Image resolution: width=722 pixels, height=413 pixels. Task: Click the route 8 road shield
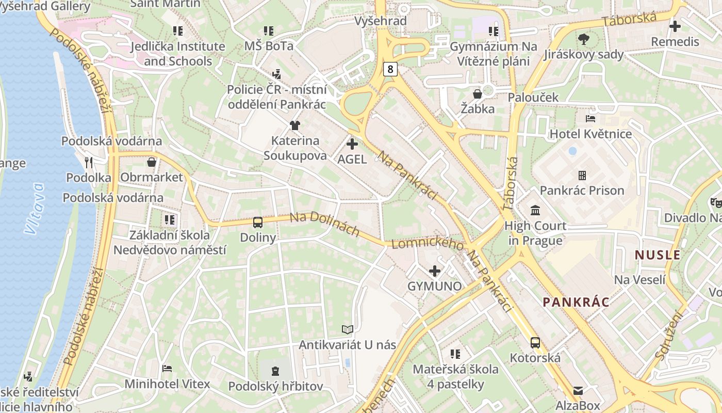pyautogui.click(x=390, y=69)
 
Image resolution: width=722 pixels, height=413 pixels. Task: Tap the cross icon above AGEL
pyautogui.click(x=352, y=144)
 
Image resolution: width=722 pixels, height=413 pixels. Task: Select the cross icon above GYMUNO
pyautogui.click(x=435, y=271)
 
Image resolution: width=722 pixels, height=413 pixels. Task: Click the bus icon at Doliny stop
pyautogui.click(x=258, y=223)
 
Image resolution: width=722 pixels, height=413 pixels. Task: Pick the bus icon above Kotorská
pyautogui.click(x=535, y=342)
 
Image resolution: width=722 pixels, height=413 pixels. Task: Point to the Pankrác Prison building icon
pyautogui.click(x=582, y=176)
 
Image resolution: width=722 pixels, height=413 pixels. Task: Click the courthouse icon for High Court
pyautogui.click(x=535, y=211)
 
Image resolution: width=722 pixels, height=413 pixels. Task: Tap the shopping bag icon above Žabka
pyautogui.click(x=478, y=93)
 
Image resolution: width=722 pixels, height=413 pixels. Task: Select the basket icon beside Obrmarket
pyautogui.click(x=152, y=162)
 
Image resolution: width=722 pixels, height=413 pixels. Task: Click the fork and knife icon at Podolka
pyautogui.click(x=89, y=163)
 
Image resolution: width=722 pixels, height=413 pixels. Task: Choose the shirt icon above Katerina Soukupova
pyautogui.click(x=294, y=125)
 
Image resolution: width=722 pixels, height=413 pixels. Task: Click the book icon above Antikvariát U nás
pyautogui.click(x=348, y=329)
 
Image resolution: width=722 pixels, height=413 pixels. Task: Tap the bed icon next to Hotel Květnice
pyautogui.click(x=590, y=119)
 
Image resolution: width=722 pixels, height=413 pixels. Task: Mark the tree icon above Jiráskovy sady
pyautogui.click(x=584, y=39)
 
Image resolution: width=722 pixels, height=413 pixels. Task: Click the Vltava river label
pyautogui.click(x=35, y=209)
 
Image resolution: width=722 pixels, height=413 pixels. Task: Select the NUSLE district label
pyautogui.click(x=658, y=255)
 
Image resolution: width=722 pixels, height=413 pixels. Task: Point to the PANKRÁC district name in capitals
pyautogui.click(x=576, y=302)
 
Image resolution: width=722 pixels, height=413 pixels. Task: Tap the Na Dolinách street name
pyautogui.click(x=324, y=224)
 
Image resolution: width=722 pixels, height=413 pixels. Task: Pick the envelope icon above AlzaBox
pyautogui.click(x=578, y=390)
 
